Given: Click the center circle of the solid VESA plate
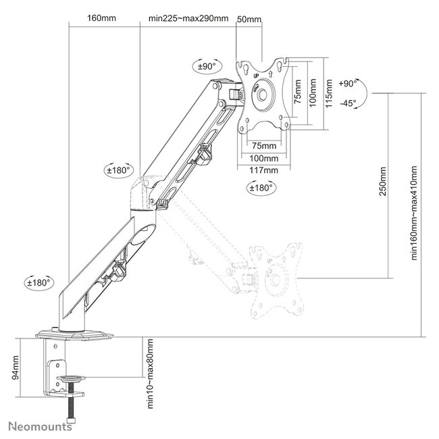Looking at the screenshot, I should [263, 97].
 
